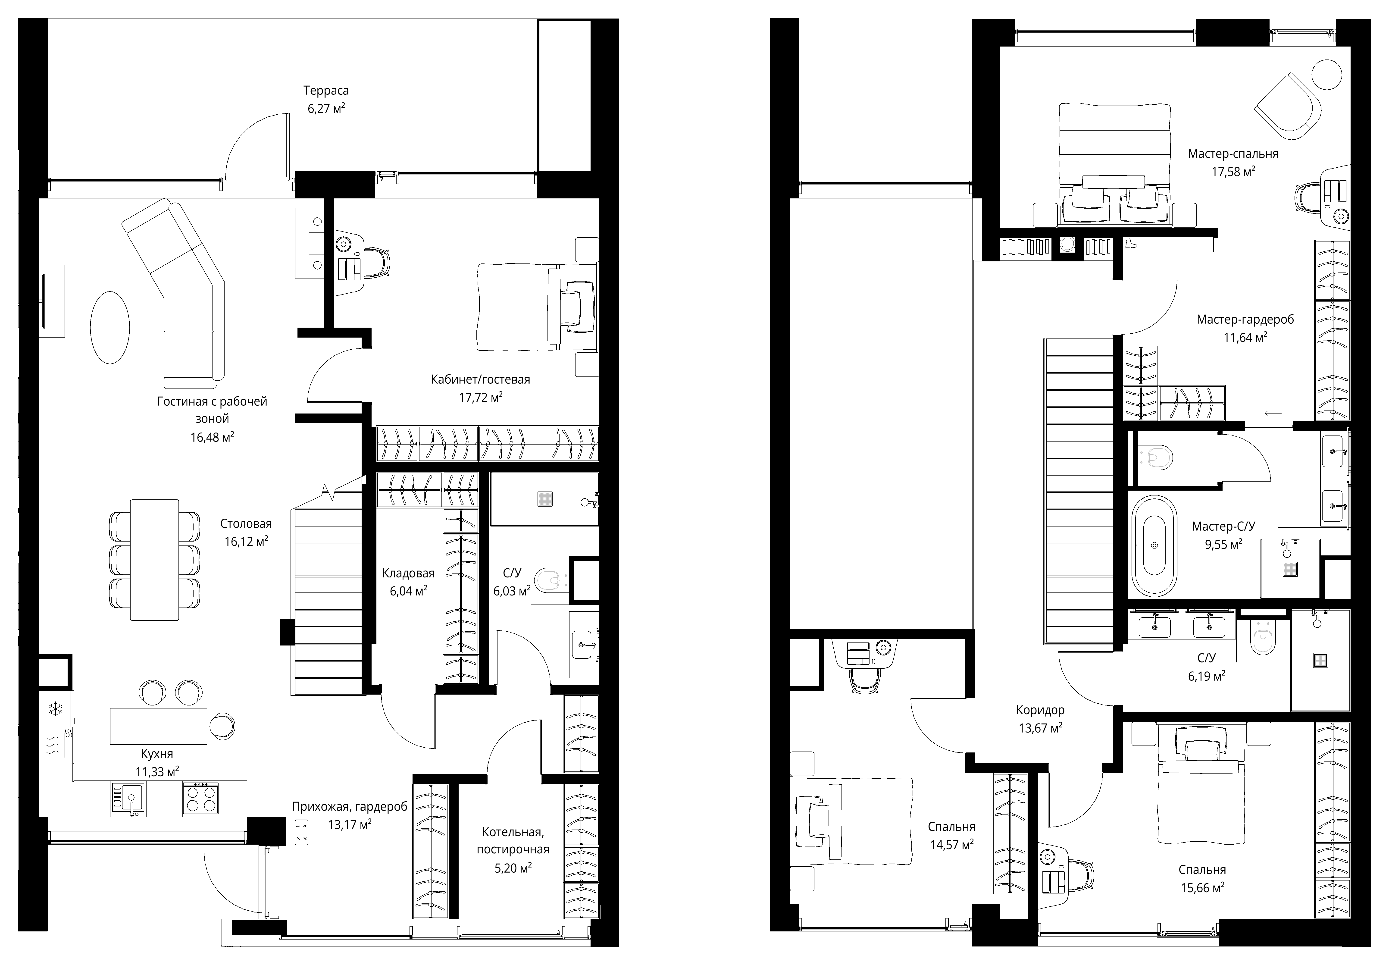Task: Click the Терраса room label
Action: click(x=326, y=91)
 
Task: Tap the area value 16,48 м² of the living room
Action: click(x=212, y=437)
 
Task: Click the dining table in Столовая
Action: click(x=155, y=559)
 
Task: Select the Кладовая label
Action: click(x=409, y=573)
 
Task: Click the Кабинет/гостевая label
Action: click(x=481, y=380)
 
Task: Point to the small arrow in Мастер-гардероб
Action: click(x=1272, y=413)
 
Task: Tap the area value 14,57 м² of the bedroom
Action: click(x=951, y=845)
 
